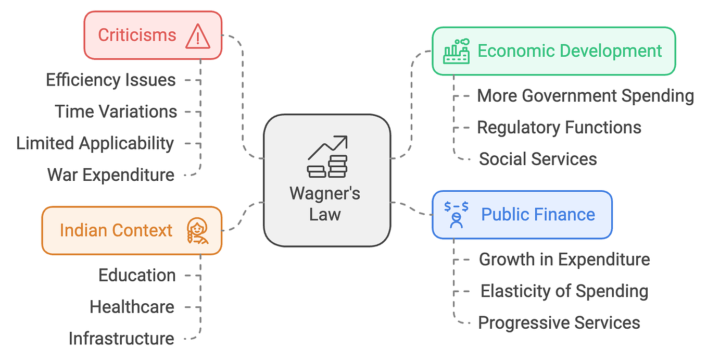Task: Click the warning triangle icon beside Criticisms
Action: (198, 36)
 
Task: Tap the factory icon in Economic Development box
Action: (457, 52)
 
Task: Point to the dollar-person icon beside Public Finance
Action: (457, 214)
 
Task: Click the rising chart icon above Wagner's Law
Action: (327, 156)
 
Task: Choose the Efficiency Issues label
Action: (111, 80)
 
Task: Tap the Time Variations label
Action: (116, 111)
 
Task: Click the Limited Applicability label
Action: (95, 143)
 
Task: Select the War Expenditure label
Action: (111, 175)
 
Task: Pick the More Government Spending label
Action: (585, 96)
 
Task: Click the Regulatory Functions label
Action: (559, 128)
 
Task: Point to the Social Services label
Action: (538, 159)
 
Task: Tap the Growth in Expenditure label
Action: (564, 259)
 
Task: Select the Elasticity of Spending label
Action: (564, 291)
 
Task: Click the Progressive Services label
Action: (559, 323)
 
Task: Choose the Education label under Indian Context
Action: (137, 275)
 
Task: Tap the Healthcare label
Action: (132, 307)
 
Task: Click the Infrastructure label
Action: (121, 339)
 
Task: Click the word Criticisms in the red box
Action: (137, 35)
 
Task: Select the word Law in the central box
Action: (325, 214)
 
